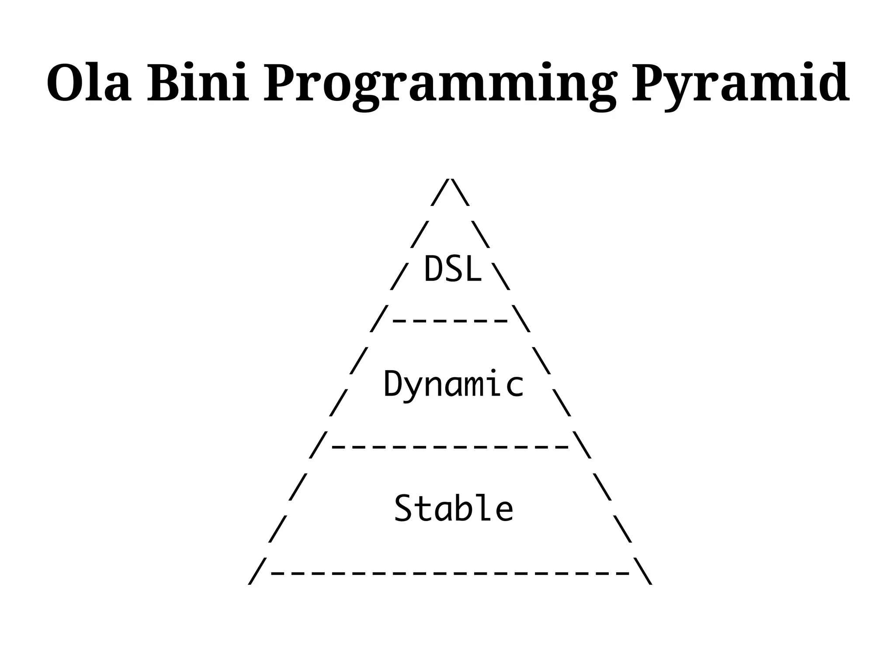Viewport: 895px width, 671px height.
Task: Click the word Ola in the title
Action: point(89,83)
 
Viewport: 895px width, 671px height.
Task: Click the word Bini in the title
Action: point(198,83)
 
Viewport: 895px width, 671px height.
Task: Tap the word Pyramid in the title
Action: point(740,85)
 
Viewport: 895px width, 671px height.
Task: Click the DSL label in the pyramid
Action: point(453,269)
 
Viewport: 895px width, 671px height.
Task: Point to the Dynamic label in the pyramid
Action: point(453,384)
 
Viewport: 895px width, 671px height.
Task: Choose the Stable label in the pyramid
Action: point(453,508)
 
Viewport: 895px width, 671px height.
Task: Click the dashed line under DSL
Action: point(451,321)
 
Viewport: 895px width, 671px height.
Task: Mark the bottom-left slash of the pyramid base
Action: point(257,571)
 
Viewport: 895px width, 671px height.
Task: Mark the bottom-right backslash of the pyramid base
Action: point(643,571)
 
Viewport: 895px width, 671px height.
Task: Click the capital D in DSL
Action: point(433,269)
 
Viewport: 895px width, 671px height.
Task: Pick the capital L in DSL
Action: point(473,269)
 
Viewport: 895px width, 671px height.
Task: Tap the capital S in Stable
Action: point(402,508)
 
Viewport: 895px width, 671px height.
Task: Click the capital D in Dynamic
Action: point(393,383)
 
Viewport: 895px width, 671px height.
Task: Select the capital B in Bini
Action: point(163,83)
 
